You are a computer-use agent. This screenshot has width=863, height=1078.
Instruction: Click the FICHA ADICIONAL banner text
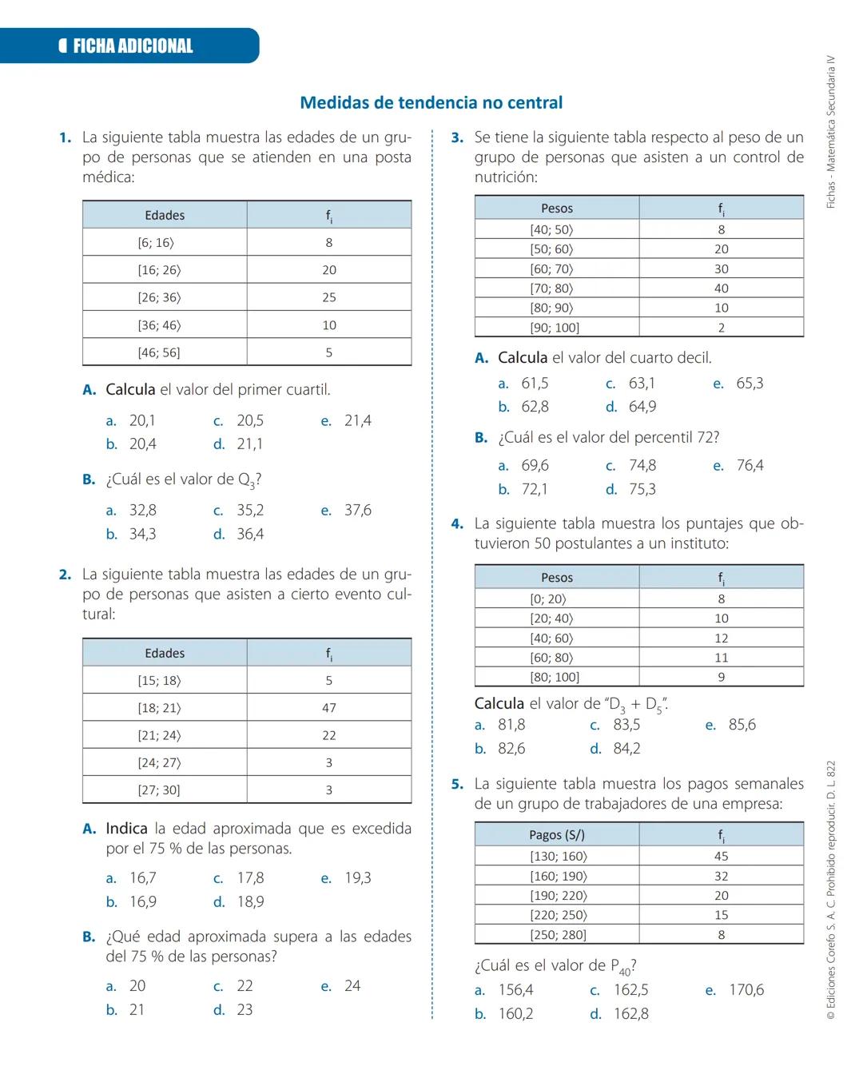pyautogui.click(x=133, y=46)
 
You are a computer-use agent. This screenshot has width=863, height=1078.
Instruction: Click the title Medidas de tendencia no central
pyautogui.click(x=431, y=102)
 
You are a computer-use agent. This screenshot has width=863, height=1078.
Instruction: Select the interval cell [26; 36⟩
pyautogui.click(x=159, y=297)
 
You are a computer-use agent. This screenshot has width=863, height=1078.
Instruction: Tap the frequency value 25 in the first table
pyautogui.click(x=329, y=297)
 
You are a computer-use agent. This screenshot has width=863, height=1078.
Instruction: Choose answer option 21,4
pyautogui.click(x=357, y=420)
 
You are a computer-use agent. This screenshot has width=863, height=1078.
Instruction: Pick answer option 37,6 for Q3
pyautogui.click(x=357, y=510)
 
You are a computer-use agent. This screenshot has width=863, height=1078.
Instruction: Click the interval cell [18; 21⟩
pyautogui.click(x=159, y=708)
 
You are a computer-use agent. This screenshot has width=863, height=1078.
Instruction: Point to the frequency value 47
pyautogui.click(x=329, y=708)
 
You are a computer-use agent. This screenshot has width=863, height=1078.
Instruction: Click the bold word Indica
pyautogui.click(x=126, y=829)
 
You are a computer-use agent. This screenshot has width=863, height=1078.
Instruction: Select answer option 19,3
pyautogui.click(x=357, y=877)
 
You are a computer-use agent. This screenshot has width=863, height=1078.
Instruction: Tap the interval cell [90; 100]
pyautogui.click(x=555, y=328)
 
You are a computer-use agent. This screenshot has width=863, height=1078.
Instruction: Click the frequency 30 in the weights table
pyautogui.click(x=722, y=269)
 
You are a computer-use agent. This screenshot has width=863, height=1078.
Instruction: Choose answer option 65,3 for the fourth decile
pyautogui.click(x=750, y=384)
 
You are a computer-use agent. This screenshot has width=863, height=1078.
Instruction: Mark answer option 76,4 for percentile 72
pyautogui.click(x=750, y=465)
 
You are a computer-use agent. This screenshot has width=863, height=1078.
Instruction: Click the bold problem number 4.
pyautogui.click(x=457, y=524)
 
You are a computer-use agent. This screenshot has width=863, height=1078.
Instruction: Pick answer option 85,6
pyautogui.click(x=742, y=725)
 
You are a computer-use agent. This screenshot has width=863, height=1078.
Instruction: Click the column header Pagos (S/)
pyautogui.click(x=557, y=835)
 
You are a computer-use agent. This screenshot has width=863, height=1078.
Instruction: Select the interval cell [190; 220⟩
pyautogui.click(x=558, y=896)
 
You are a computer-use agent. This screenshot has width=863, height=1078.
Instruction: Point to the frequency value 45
pyautogui.click(x=722, y=857)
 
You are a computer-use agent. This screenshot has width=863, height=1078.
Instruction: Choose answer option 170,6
pyautogui.click(x=746, y=990)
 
